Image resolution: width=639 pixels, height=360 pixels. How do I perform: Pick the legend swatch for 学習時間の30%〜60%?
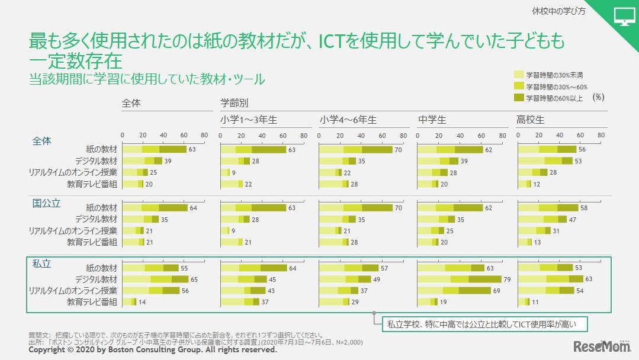click(x=519, y=86)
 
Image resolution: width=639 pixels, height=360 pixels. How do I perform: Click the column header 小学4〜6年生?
click(x=348, y=120)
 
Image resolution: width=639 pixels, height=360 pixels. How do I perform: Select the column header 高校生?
click(x=530, y=120)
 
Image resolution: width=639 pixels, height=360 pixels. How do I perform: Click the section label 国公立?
click(x=46, y=203)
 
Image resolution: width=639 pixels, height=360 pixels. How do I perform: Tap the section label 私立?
click(x=41, y=263)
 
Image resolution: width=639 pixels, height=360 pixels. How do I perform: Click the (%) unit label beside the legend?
click(x=598, y=97)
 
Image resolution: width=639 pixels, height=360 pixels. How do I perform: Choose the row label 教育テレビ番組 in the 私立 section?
click(x=92, y=302)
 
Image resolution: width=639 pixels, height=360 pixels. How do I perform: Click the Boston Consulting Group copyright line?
click(x=153, y=350)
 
